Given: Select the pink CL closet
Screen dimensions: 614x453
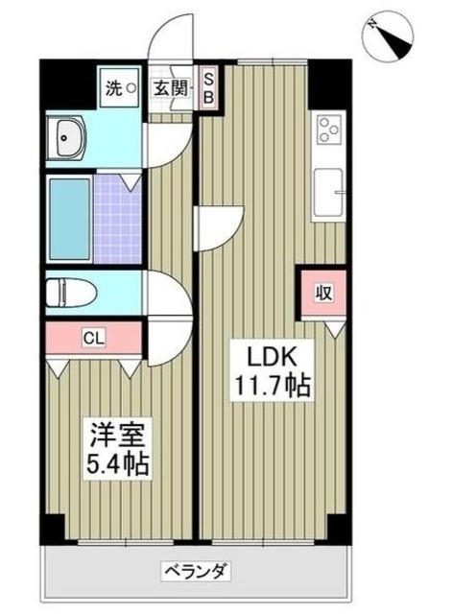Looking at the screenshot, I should [94, 337].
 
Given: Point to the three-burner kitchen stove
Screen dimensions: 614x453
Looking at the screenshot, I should [330, 131].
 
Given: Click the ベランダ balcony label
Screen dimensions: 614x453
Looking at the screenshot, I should [197, 573].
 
